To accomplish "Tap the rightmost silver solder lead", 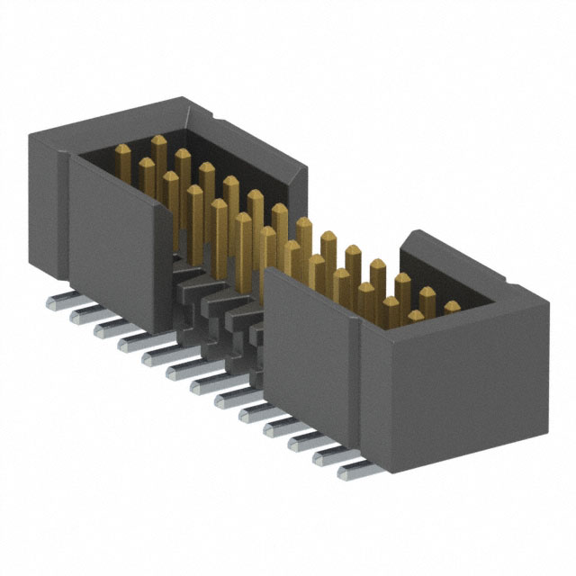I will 353,468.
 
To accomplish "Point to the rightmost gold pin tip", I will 452,307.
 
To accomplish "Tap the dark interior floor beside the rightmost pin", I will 468,302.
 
